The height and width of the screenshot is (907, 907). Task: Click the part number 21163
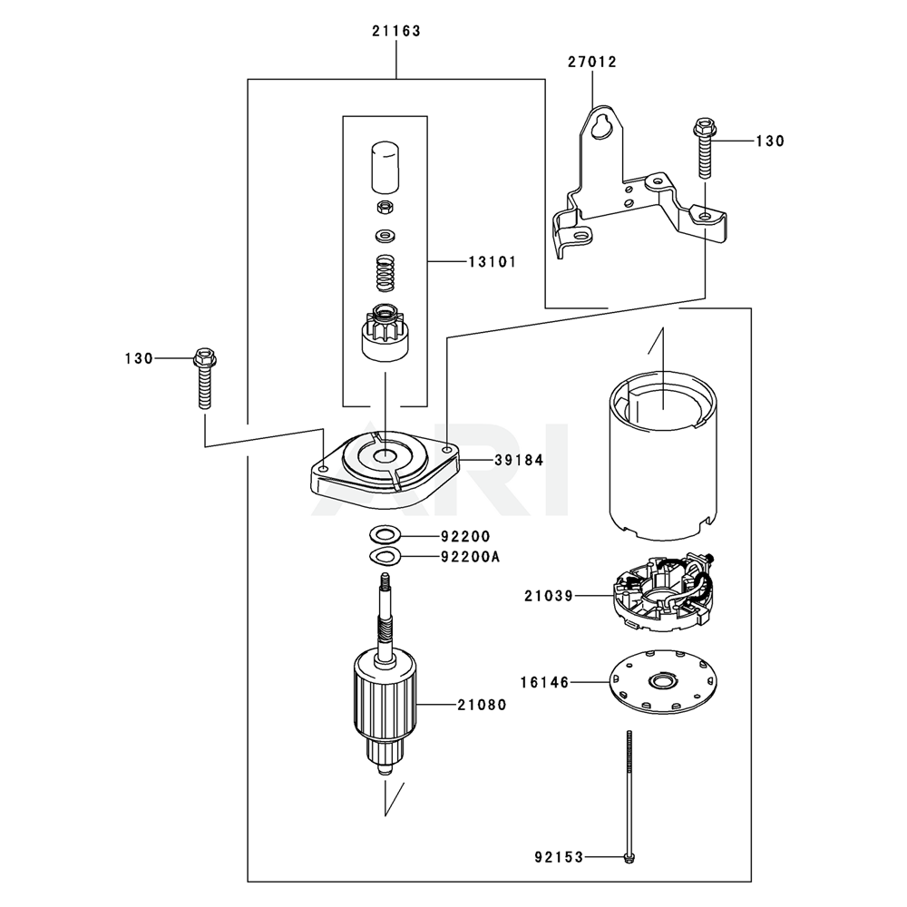point(395,31)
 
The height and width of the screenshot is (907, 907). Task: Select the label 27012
point(592,63)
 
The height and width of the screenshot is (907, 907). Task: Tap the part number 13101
point(492,262)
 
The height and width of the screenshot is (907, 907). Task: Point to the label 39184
point(519,461)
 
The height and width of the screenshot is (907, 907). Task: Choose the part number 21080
point(482,704)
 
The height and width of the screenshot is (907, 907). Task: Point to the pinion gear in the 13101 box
point(384,333)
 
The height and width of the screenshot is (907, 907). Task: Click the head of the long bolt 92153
point(627,856)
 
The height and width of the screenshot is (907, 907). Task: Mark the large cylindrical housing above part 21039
point(662,453)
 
